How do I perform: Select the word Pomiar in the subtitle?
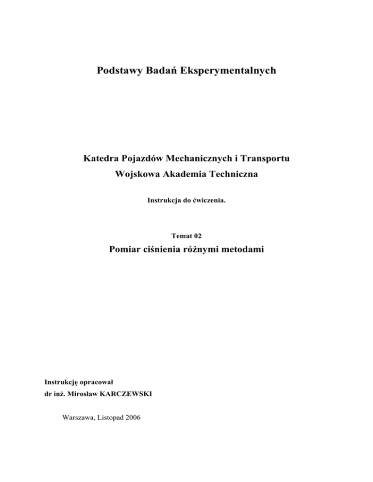[128, 251]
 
